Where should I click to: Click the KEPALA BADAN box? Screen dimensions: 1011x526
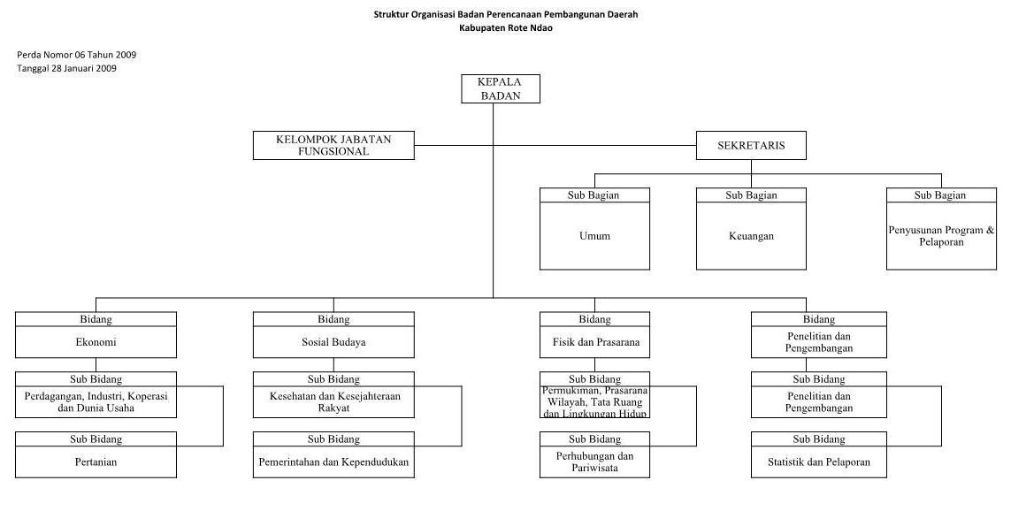501,89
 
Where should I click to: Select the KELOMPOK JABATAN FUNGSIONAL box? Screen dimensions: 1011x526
333,146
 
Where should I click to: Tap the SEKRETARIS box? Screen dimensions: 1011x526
751,146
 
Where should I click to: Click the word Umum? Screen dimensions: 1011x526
594,236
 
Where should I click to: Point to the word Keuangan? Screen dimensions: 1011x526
751,236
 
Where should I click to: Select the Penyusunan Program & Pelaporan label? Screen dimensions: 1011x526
941,236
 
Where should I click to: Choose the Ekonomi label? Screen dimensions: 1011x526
96,342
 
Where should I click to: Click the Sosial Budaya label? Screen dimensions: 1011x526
333,342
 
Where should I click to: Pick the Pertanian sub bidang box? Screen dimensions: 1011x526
96,455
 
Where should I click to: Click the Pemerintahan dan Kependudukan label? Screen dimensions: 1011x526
333,462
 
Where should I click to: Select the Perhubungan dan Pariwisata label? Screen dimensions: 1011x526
594,462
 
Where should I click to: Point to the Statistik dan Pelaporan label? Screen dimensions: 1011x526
819,462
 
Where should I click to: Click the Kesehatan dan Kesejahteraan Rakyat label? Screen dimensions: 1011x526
334,402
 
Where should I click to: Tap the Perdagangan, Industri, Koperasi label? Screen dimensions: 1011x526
96,396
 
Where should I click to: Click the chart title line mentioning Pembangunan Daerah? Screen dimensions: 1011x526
506,14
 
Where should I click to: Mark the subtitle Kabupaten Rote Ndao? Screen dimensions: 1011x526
506,27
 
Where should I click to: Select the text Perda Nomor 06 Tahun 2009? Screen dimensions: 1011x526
77,55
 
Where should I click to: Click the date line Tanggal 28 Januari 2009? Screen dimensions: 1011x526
67,68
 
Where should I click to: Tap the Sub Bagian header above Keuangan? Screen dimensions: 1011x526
751,195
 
